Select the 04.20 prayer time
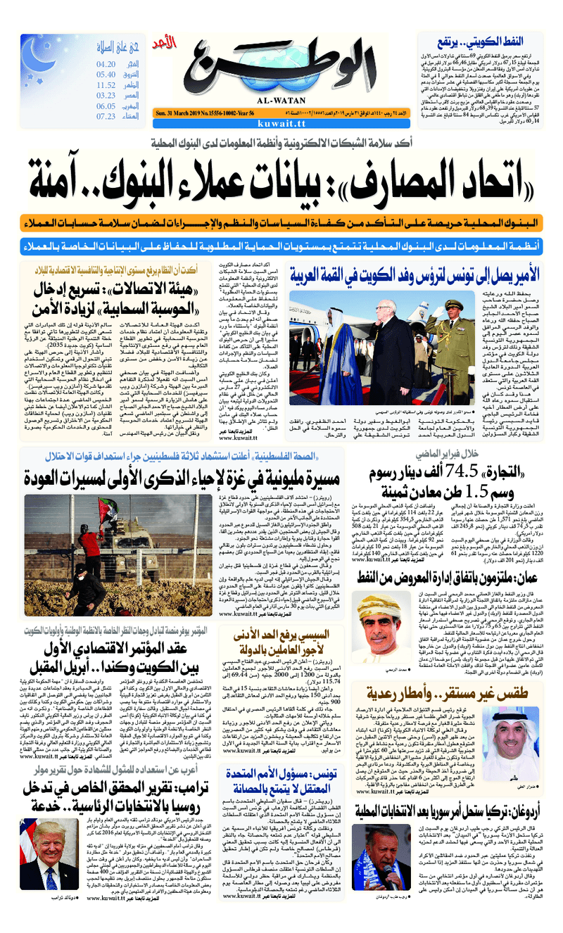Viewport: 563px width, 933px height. click(106, 64)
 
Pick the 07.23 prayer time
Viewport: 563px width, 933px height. click(106, 116)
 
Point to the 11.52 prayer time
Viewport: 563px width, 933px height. click(106, 84)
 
